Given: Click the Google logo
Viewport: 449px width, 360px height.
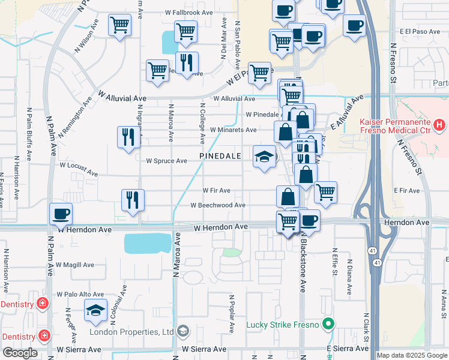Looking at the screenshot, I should coord(20,353).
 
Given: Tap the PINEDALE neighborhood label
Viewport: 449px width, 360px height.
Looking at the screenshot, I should coord(221,156).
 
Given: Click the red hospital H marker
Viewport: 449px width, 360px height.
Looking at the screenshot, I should coord(440,125).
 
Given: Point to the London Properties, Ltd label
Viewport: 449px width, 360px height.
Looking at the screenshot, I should coord(131,332).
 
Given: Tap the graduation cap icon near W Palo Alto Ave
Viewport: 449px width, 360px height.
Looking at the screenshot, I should coord(95,311).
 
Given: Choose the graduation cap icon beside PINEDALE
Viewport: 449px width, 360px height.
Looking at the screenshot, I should coord(264,157).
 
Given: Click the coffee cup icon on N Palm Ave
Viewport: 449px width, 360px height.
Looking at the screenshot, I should coord(60,214).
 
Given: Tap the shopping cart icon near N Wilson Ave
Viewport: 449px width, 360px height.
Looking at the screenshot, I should coord(119,25).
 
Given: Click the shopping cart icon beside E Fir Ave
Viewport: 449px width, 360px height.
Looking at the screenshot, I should coord(325,193).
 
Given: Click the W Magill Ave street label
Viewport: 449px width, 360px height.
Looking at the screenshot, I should coord(75,265).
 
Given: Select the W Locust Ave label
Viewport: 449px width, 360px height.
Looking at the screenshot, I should coord(78,169).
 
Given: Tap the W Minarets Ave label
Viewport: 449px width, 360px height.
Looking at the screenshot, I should coord(233,130).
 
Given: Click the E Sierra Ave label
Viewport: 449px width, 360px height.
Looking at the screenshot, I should coord(347,349).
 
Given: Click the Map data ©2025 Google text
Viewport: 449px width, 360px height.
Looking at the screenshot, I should coord(412,355).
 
